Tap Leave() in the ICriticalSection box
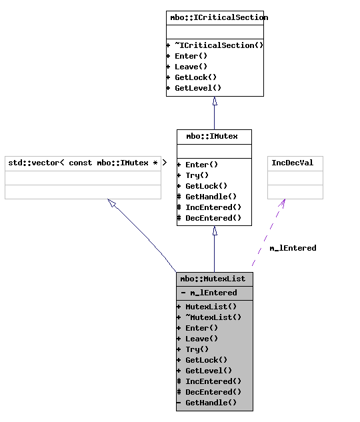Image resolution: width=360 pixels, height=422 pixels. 191,67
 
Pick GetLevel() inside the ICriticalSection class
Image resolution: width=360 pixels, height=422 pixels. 197,88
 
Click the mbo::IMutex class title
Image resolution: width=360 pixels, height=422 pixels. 214,136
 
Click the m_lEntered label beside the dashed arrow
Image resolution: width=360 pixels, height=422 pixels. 293,248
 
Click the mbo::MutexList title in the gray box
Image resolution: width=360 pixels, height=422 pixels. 214,279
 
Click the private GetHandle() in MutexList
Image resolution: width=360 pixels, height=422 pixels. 211,403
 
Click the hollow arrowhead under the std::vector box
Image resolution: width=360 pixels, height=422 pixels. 112,203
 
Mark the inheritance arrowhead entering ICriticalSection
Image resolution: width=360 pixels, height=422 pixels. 214,101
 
